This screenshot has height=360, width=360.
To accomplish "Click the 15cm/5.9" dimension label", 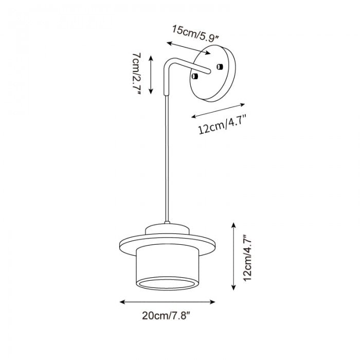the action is [x=195, y=33].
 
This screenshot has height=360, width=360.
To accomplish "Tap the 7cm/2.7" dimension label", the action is [x=137, y=75].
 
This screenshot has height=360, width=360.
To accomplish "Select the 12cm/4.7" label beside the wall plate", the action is [x=222, y=124].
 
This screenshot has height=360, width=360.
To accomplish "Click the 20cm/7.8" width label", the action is [x=166, y=316].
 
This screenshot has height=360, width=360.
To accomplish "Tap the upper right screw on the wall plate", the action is [x=220, y=66].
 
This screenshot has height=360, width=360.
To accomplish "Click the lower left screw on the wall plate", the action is [x=195, y=76].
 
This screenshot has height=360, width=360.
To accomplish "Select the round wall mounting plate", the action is [x=212, y=73].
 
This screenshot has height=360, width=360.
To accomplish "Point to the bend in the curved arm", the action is [x=169, y=62].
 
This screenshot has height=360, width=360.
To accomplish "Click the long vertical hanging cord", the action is [x=167, y=158].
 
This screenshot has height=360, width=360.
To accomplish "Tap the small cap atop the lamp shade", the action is [x=167, y=229].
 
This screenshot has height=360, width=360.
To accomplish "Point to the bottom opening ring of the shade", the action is [x=167, y=283].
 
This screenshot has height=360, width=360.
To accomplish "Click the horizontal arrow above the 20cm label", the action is [x=167, y=302].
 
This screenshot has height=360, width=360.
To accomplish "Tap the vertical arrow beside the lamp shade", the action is [x=233, y=256].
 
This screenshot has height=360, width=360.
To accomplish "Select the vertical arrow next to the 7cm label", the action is [x=151, y=75].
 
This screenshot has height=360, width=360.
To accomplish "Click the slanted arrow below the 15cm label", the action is [x=189, y=48].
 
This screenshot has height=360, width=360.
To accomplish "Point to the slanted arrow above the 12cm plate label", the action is [x=218, y=111].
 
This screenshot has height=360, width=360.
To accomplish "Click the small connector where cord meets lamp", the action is [x=167, y=223].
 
